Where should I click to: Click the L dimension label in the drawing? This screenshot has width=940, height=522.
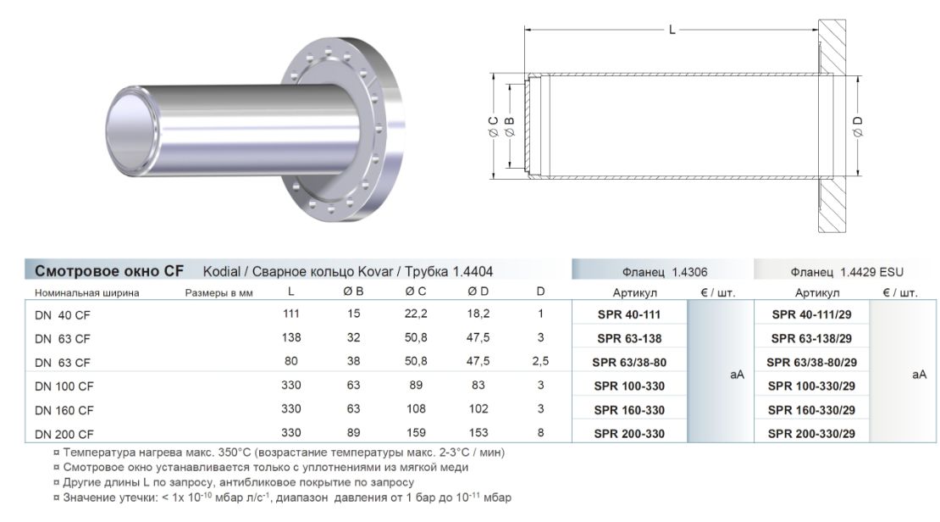[x=672, y=30]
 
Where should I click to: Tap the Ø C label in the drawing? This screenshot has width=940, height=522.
[x=494, y=126]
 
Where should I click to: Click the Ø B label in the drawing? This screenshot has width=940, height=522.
[x=510, y=126]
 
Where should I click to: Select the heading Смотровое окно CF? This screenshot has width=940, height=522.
[x=109, y=270]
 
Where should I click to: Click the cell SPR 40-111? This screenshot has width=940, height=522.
[x=629, y=314]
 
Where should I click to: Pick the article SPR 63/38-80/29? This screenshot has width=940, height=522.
[x=812, y=363]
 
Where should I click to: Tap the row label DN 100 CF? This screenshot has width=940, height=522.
[x=64, y=386]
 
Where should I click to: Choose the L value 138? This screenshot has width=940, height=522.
[x=291, y=337]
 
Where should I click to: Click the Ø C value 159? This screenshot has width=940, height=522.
[x=416, y=433]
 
